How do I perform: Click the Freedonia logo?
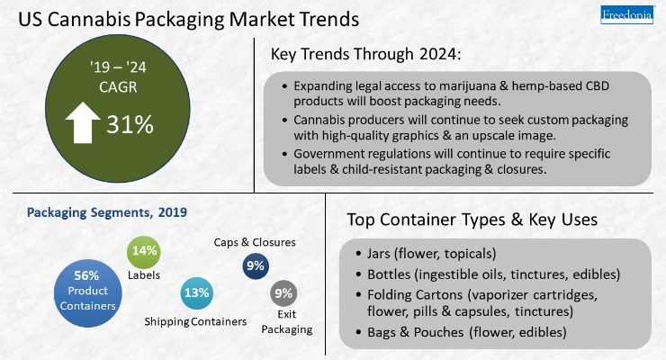click(x=626, y=15)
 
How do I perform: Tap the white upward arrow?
click(x=83, y=122)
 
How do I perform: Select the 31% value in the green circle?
click(x=130, y=124)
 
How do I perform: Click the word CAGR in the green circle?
click(x=118, y=87)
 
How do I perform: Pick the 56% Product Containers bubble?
click(x=88, y=293)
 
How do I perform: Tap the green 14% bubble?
click(x=144, y=252)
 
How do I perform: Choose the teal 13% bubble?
click(x=197, y=292)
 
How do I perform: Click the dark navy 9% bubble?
click(x=256, y=265)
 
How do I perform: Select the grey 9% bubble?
click(x=283, y=293)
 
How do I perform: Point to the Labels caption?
click(x=144, y=275)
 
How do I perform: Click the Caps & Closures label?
click(x=255, y=242)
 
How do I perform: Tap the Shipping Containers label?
click(x=195, y=322)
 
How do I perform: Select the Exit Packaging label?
click(x=287, y=322)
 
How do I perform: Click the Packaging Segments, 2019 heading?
click(x=106, y=212)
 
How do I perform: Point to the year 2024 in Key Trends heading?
click(x=438, y=54)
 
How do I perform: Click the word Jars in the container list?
click(x=378, y=254)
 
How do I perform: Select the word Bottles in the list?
click(x=389, y=274)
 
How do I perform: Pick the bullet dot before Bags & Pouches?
click(x=359, y=332)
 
